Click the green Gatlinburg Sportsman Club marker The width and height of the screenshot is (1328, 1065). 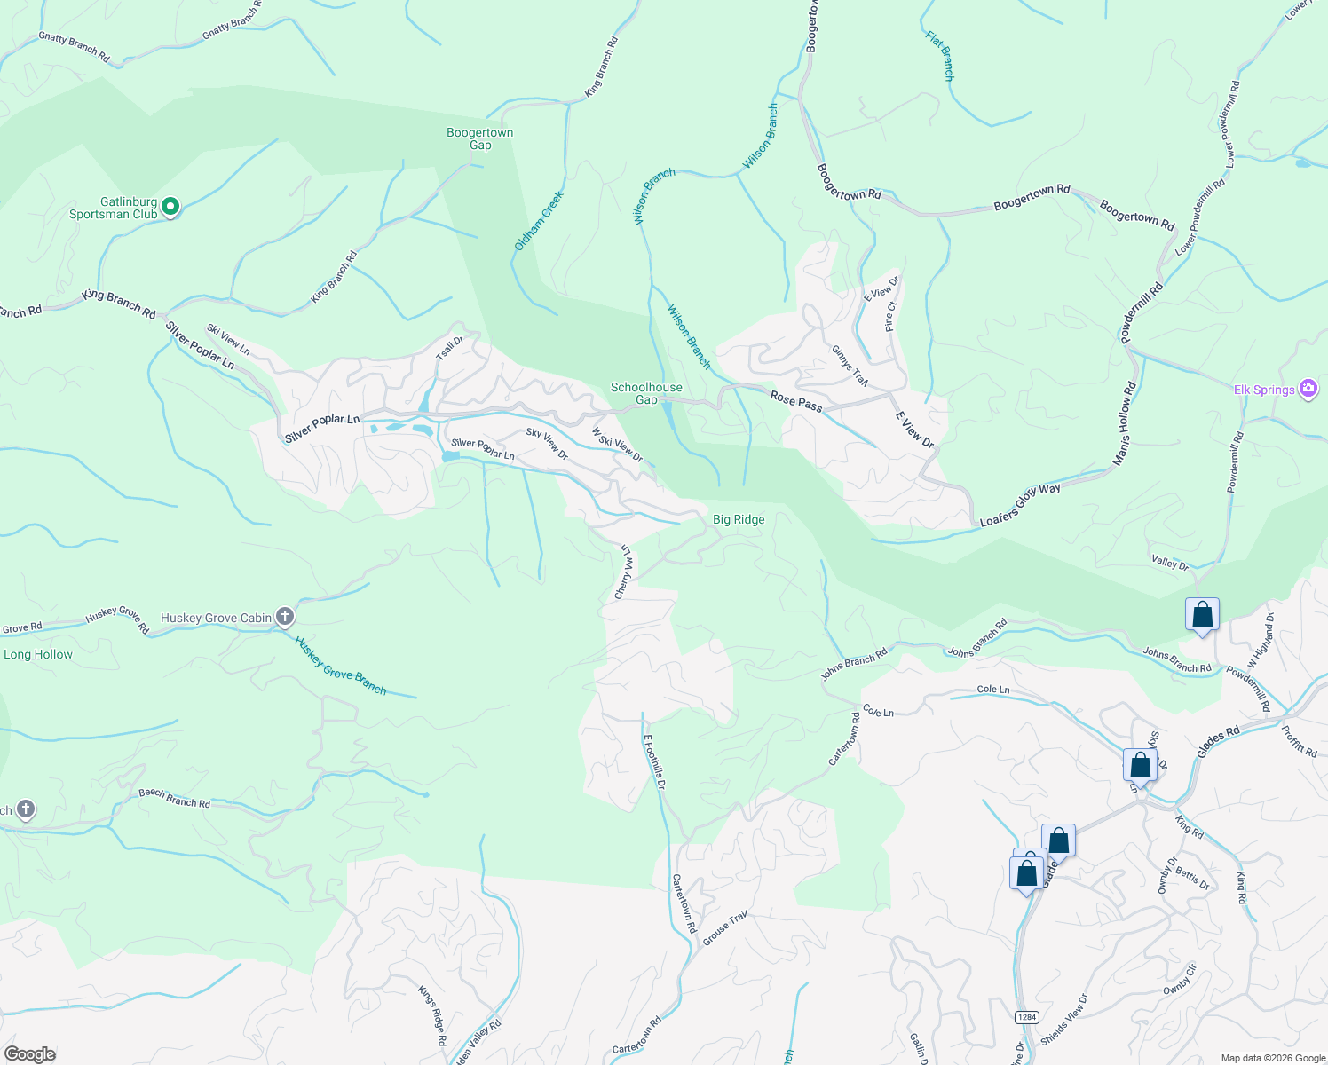pyautogui.click(x=170, y=207)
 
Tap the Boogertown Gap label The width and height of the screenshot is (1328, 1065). pyautogui.click(x=479, y=138)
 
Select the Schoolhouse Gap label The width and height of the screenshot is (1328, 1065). pyautogui.click(x=646, y=393)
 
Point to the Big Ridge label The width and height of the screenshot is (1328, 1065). pyautogui.click(x=739, y=519)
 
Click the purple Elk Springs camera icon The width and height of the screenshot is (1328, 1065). pyautogui.click(x=1308, y=389)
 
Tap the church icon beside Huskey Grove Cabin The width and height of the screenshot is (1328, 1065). pyautogui.click(x=285, y=617)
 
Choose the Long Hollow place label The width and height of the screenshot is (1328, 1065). pyautogui.click(x=38, y=654)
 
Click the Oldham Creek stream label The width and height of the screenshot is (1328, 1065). pyautogui.click(x=539, y=221)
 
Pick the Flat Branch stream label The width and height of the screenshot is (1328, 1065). pyautogui.click(x=939, y=56)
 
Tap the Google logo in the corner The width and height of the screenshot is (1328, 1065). pyautogui.click(x=29, y=1054)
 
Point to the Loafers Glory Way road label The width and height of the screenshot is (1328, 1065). pyautogui.click(x=1020, y=505)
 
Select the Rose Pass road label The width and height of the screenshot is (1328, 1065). pyautogui.click(x=796, y=400)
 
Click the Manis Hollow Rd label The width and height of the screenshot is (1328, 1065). pyautogui.click(x=1124, y=424)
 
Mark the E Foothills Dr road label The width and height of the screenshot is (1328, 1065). pyautogui.click(x=654, y=761)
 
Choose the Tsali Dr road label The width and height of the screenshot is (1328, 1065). pyautogui.click(x=450, y=348)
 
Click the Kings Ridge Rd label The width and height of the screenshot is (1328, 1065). pyautogui.click(x=433, y=1015)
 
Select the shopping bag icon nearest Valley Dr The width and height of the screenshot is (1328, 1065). pyautogui.click(x=1202, y=614)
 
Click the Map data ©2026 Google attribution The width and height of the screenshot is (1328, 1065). pyautogui.click(x=1272, y=1058)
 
